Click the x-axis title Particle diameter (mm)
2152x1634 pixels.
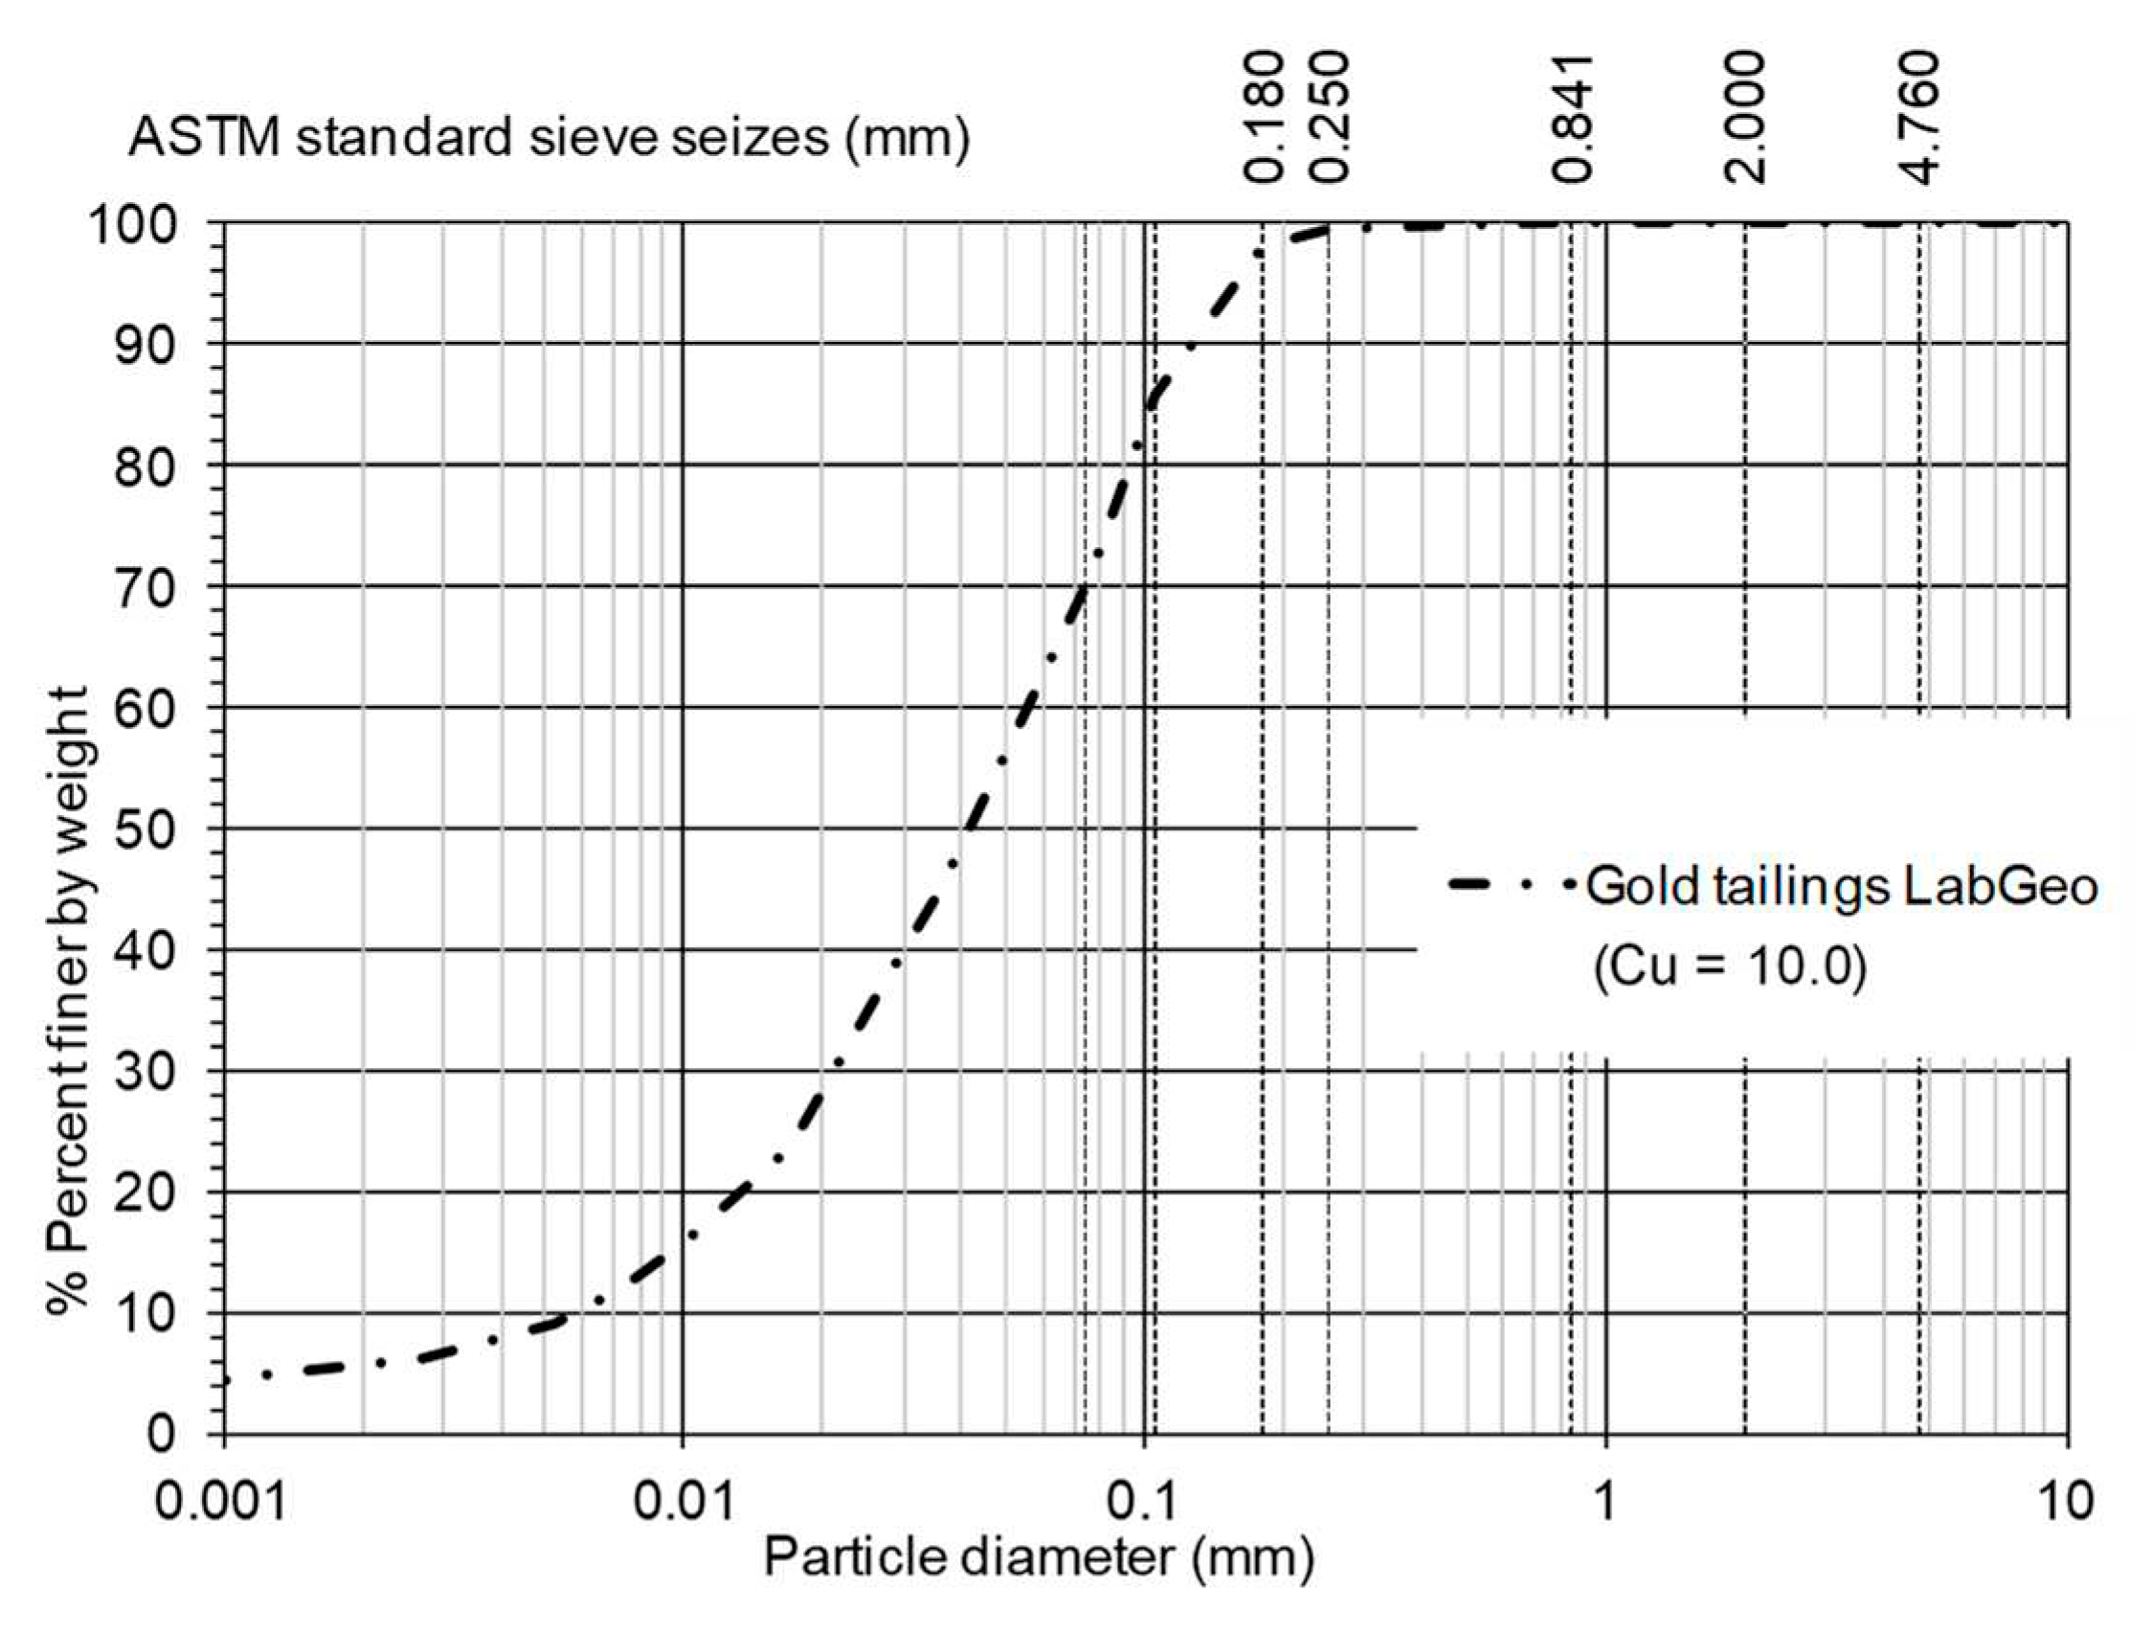click(x=1038, y=1558)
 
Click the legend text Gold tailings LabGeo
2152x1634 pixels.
click(x=1842, y=887)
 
